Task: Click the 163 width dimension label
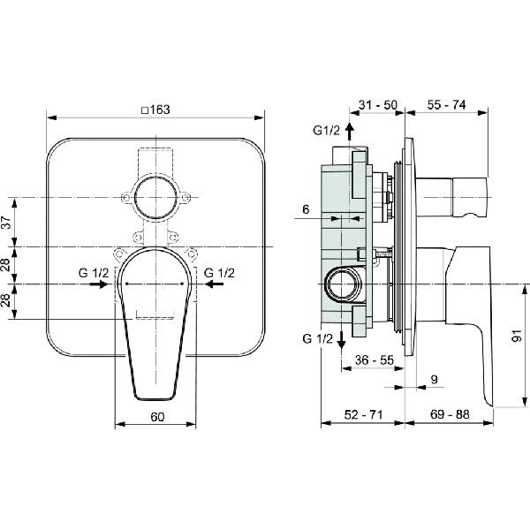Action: pos(160,110)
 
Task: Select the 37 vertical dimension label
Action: pos(7,222)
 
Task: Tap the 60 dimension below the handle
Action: pos(157,417)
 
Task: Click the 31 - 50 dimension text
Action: pos(378,105)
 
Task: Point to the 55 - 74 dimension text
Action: pos(446,105)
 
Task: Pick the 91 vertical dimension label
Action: pos(517,336)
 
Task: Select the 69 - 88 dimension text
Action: pos(450,414)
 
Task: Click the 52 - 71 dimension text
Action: pos(363,414)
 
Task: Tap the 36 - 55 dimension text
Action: pos(375,360)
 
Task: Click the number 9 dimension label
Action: pos(435,379)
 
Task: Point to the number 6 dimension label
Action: pos(306,209)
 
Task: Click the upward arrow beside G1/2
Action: pos(350,132)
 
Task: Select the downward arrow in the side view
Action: pos(341,340)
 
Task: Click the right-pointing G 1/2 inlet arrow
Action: pos(99,284)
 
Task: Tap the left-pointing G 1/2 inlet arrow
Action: pos(214,284)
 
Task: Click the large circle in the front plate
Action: pos(155,197)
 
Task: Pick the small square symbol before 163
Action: pos(145,110)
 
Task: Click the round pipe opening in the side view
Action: pos(342,284)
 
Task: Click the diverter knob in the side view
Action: pos(451,197)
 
